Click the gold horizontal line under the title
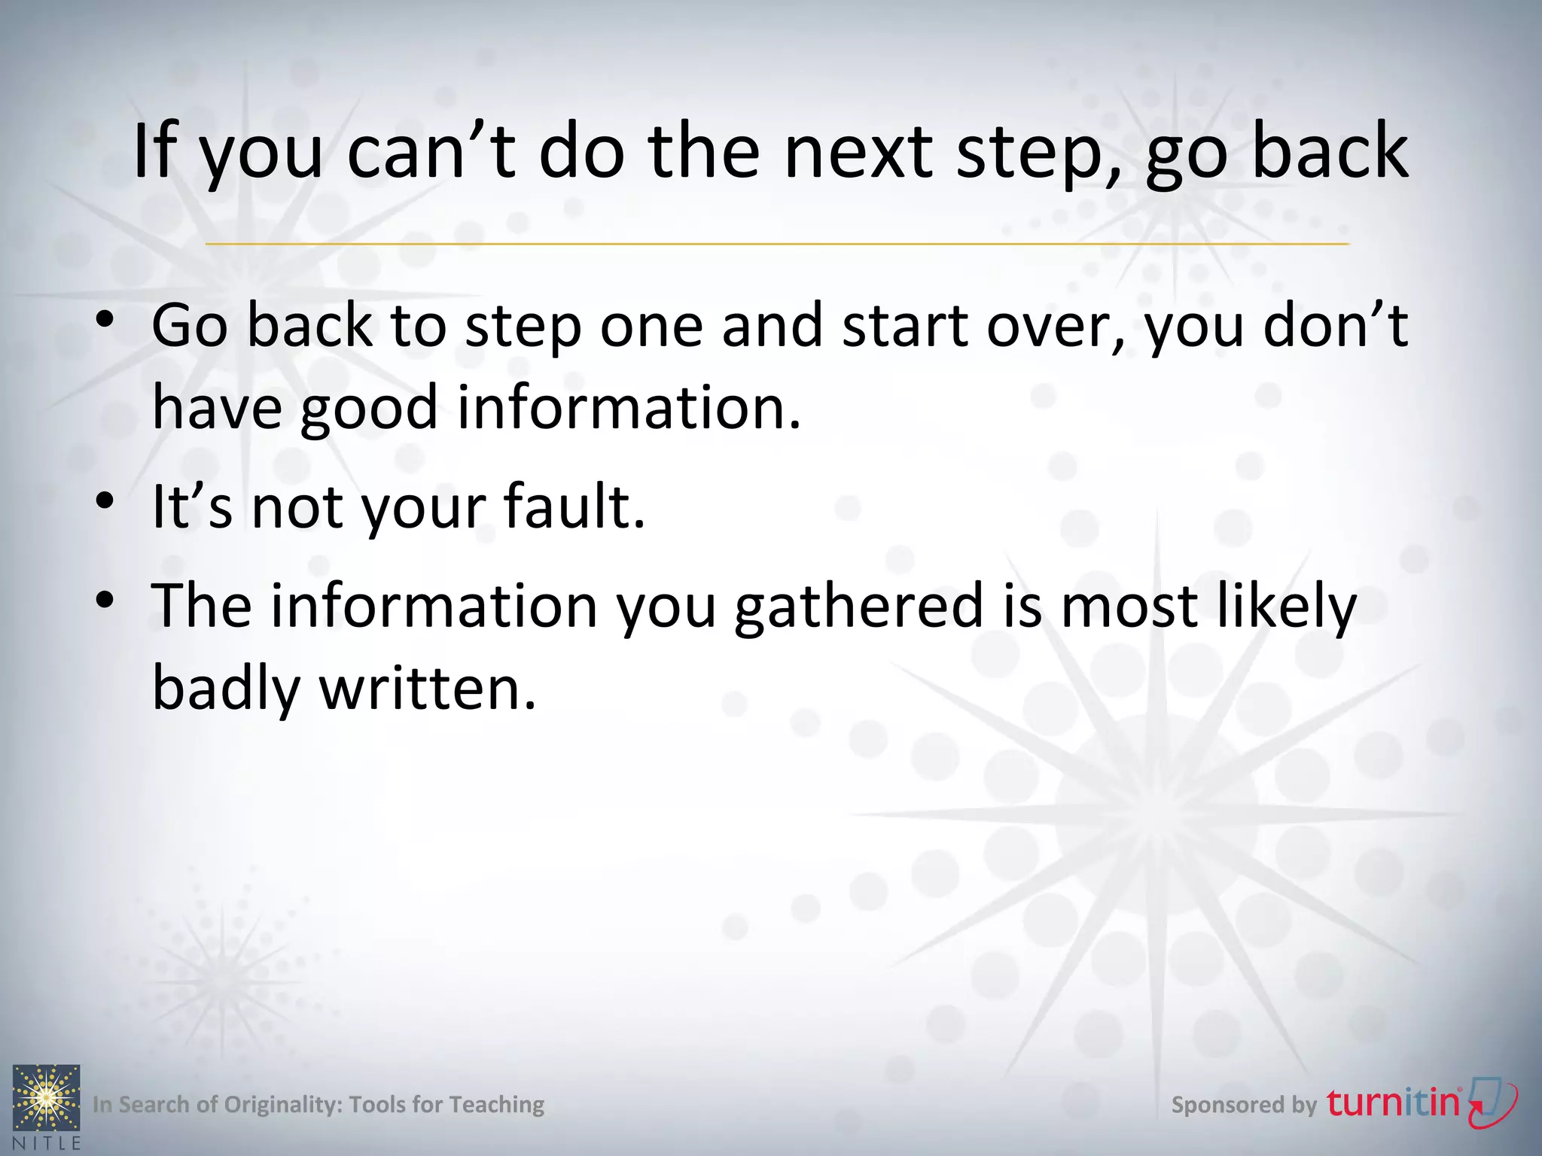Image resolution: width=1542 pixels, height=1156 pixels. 777,244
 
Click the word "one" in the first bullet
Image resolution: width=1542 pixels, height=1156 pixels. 651,327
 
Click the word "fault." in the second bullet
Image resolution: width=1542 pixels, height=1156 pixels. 574,507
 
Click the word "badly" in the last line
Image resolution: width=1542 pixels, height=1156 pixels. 226,689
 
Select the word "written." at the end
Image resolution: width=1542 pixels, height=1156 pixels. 428,689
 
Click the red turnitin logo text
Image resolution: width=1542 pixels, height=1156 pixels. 1393,1103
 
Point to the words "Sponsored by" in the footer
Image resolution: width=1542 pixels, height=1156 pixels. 1243,1105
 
